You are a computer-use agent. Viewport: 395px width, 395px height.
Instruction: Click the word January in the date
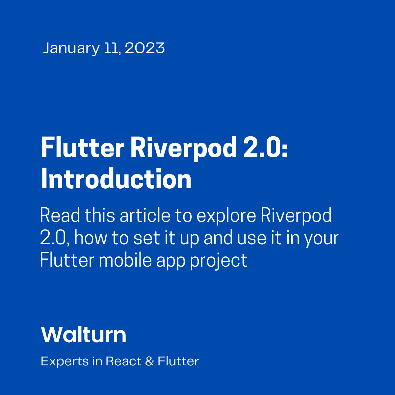click(x=71, y=48)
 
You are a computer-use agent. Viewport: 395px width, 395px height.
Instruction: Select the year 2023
click(x=145, y=48)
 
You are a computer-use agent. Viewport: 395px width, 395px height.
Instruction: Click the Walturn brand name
click(x=84, y=335)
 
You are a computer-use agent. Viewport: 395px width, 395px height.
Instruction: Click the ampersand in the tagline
click(x=150, y=361)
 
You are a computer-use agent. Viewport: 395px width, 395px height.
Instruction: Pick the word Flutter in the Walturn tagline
click(x=178, y=361)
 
